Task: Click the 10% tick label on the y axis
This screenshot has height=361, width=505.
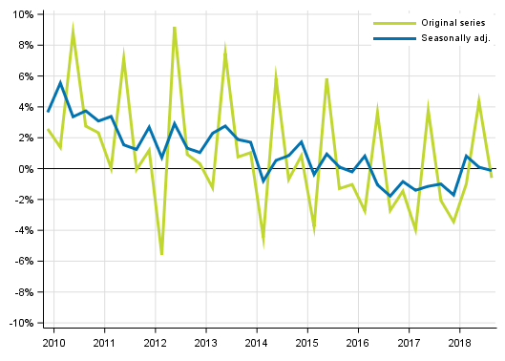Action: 22,14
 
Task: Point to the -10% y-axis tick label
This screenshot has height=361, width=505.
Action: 20,323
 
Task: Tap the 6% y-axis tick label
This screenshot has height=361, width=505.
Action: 25,76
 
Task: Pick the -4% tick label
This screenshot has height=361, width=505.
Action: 23,230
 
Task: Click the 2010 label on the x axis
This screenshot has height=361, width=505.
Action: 53,342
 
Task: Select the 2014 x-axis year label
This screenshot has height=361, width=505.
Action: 256,342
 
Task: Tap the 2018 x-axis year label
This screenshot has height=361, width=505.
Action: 460,342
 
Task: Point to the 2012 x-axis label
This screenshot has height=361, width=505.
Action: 155,342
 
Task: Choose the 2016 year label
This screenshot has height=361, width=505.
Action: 358,342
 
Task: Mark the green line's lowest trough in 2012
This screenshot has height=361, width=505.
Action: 161,254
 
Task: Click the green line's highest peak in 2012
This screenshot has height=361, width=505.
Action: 175,28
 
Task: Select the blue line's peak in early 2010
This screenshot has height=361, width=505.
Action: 60,82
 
